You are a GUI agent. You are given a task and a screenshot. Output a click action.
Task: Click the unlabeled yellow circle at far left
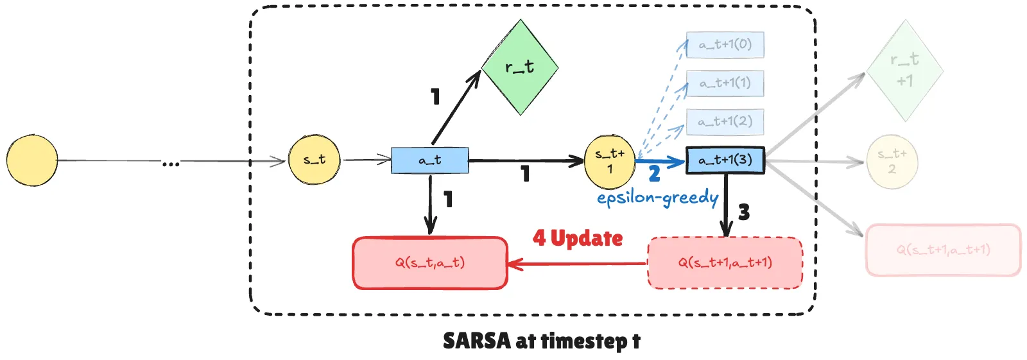[32, 160]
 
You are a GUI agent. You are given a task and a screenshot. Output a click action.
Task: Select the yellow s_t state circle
[315, 160]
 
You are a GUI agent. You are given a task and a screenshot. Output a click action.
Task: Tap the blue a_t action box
[429, 160]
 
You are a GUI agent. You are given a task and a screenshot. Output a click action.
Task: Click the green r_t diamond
[519, 67]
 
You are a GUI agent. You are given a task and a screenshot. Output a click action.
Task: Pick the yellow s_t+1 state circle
[609, 161]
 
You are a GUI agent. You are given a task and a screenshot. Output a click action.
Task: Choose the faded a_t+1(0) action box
[725, 45]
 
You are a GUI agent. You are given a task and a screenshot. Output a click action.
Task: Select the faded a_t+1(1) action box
[725, 83]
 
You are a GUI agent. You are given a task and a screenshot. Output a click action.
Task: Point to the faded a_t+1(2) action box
[725, 122]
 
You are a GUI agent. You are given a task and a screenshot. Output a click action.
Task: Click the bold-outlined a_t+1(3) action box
[725, 160]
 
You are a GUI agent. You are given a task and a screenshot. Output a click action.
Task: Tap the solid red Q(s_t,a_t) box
[430, 263]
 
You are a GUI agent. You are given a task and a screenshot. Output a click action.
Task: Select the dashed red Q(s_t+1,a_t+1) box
[725, 263]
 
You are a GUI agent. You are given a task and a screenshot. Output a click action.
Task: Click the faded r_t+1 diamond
[904, 71]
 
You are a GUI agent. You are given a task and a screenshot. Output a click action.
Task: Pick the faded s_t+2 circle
[892, 162]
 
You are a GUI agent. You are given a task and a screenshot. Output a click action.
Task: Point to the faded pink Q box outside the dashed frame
[943, 250]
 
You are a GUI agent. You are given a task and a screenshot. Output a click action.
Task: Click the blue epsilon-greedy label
[657, 198]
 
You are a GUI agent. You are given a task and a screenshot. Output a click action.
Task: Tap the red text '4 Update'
[578, 239]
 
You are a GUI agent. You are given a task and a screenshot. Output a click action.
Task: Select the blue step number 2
[654, 174]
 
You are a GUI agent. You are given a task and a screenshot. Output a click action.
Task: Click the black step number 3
[744, 212]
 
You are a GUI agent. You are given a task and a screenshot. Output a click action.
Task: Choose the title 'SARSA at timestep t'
[541, 341]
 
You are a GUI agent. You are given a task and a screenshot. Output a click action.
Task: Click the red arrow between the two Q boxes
[578, 263]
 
